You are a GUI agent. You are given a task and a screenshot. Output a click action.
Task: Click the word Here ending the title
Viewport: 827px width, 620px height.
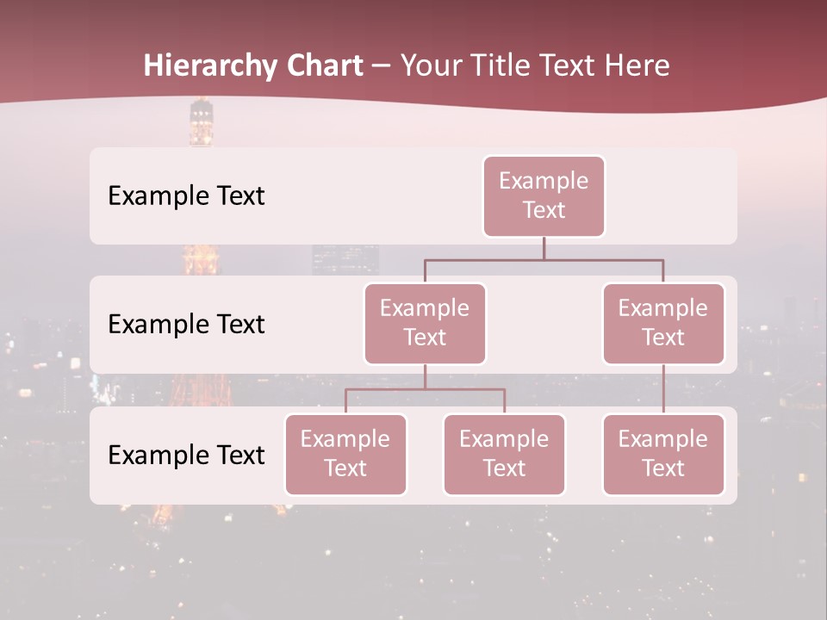(x=637, y=65)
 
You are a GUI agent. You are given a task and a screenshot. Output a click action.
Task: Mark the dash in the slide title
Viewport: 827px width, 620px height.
(x=382, y=66)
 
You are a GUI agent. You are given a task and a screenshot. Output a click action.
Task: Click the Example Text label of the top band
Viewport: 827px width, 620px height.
(x=186, y=196)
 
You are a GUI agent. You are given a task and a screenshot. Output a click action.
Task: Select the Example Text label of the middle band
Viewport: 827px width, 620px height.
(x=186, y=325)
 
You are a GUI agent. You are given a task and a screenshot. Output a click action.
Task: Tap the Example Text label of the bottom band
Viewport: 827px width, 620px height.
(x=186, y=456)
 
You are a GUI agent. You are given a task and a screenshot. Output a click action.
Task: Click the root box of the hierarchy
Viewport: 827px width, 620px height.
(x=544, y=195)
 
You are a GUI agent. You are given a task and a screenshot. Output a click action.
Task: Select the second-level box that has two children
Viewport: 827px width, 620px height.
(x=425, y=323)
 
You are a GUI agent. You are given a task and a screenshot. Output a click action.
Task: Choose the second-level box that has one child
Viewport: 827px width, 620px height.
(x=663, y=323)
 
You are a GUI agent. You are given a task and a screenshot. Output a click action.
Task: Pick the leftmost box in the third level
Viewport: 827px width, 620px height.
(x=345, y=454)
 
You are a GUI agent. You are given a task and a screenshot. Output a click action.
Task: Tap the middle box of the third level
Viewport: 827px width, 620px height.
(x=504, y=454)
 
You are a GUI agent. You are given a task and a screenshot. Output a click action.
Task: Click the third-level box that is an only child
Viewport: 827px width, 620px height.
(x=663, y=454)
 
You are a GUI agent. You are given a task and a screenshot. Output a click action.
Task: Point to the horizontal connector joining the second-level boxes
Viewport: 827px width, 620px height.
(x=544, y=259)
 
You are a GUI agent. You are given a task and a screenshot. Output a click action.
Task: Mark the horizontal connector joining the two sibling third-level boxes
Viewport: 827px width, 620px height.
(x=425, y=389)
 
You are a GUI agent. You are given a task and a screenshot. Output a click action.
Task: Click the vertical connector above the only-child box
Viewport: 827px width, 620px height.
(x=663, y=389)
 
